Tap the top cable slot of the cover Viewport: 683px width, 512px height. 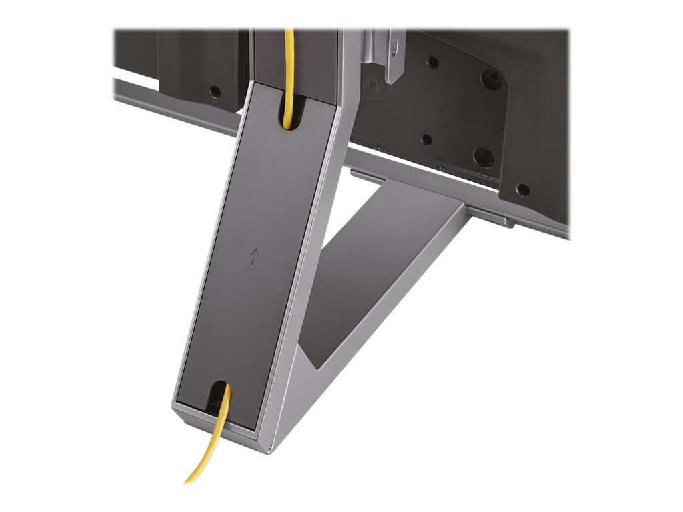[x=288, y=113]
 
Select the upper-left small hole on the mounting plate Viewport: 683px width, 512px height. [x=432, y=63]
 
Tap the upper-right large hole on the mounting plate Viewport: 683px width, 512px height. [x=492, y=79]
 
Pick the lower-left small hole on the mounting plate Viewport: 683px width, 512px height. [x=428, y=140]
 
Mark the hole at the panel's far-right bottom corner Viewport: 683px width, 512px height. [x=524, y=189]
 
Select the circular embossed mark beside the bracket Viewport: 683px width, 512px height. [x=371, y=85]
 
